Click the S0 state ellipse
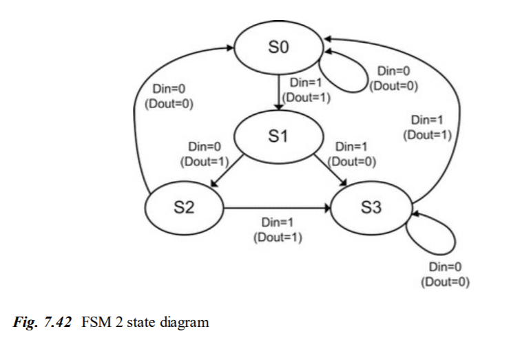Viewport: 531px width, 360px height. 278,48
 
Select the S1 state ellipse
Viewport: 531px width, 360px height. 278,136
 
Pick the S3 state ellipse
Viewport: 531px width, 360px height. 371,207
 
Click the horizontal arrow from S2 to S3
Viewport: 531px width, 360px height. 275,207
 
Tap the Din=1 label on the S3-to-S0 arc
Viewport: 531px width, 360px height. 427,120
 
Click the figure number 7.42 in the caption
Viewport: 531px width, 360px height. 59,321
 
